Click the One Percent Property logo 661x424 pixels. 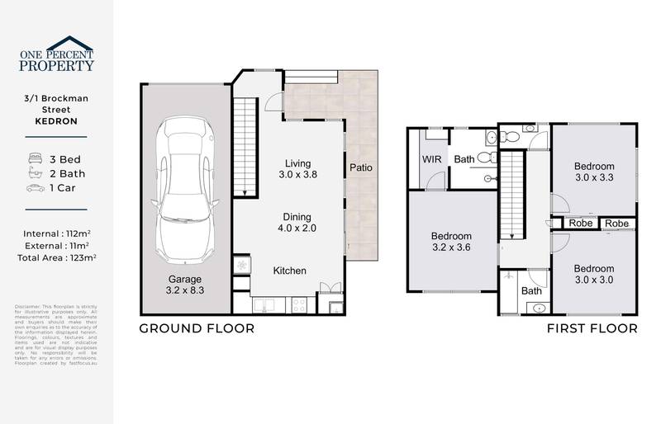57,54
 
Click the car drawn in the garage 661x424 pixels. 186,189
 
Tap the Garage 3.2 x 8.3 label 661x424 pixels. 186,285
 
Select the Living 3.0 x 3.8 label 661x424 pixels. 297,168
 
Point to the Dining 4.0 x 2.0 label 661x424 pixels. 297,222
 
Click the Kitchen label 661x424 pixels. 290,271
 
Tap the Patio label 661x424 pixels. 360,167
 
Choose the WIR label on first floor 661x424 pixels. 432,159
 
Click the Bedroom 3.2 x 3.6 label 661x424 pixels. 451,240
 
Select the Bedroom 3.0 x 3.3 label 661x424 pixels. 594,172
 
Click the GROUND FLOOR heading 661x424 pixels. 196,328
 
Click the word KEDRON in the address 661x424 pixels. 57,120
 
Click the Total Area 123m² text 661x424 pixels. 57,258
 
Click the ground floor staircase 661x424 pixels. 243,146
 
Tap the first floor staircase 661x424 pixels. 513,196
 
